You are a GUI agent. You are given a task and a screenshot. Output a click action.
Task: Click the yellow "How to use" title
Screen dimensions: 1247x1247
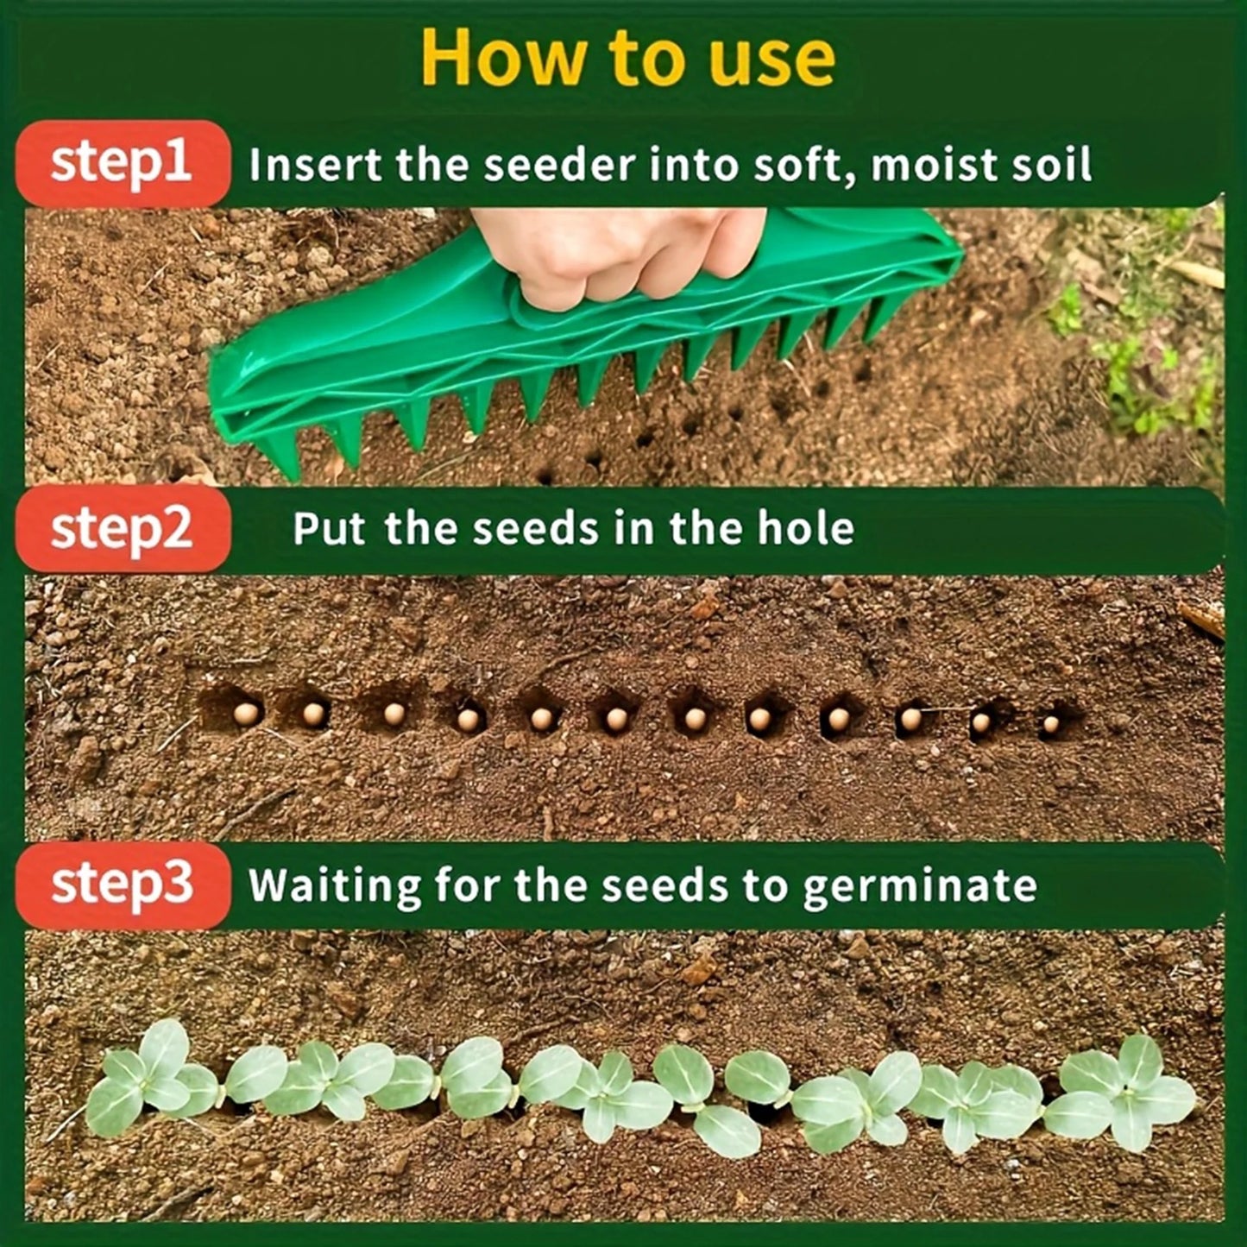click(627, 59)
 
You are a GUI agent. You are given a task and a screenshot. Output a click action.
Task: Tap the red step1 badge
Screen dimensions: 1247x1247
click(122, 163)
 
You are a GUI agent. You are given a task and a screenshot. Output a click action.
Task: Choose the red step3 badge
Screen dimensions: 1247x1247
click(122, 885)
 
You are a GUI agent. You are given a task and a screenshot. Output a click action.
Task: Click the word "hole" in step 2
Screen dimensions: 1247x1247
click(805, 528)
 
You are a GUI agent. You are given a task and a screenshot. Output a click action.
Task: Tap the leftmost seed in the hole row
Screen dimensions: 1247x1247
click(247, 713)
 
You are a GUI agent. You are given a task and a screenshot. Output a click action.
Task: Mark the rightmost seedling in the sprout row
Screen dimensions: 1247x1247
click(1126, 1092)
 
